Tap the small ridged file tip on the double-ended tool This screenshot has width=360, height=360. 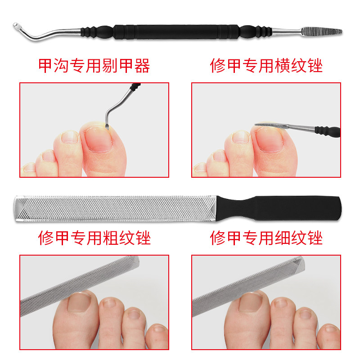pyautogui.click(x=321, y=31)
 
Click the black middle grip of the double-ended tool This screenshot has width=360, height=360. pyautogui.click(x=176, y=32)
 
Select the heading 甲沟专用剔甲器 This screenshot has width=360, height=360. pyautogui.click(x=94, y=66)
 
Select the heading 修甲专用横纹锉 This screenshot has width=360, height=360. pyautogui.click(x=266, y=66)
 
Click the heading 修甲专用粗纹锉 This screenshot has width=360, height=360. pyautogui.click(x=94, y=238)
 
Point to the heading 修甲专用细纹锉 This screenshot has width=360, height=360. pyautogui.click(x=266, y=238)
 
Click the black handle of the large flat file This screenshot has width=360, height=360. pyautogui.click(x=279, y=208)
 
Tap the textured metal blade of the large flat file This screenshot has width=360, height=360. pyautogui.click(x=115, y=208)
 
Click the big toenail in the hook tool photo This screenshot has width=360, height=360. pyautogui.click(x=98, y=139)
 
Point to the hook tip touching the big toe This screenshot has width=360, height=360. pyautogui.click(x=107, y=126)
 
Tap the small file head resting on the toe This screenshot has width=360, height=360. pyautogui.click(x=271, y=126)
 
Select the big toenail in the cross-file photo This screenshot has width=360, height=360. pyautogui.click(x=269, y=139)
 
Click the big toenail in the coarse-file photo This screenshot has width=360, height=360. pyautogui.click(x=80, y=301)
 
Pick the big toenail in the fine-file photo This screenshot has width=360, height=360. pyautogui.click(x=251, y=302)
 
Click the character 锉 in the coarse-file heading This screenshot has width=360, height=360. pyautogui.click(x=143, y=238)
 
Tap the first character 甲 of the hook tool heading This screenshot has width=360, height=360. pyautogui.click(x=45, y=66)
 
